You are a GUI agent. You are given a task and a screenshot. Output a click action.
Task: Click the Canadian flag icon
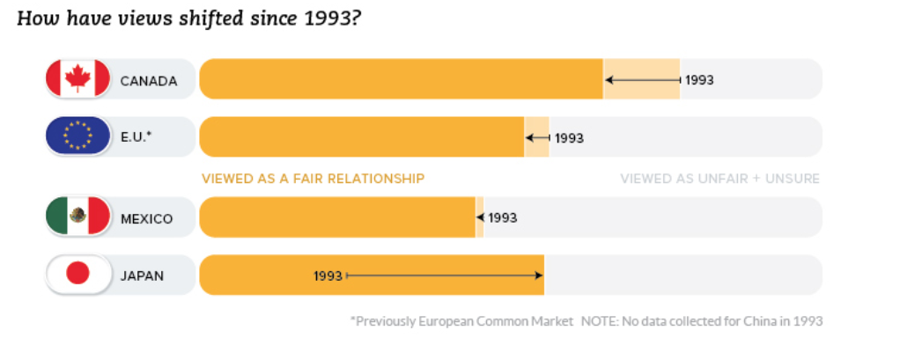click(77, 79)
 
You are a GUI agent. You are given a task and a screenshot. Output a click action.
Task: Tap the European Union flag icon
click(77, 136)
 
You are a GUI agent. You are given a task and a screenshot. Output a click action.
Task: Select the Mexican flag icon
click(77, 217)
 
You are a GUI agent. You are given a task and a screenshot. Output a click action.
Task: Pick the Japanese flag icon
click(77, 275)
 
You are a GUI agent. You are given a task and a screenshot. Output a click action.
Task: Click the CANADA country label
click(149, 81)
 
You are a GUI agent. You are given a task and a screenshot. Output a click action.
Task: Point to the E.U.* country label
click(136, 137)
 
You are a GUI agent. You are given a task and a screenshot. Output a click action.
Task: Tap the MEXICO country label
click(146, 218)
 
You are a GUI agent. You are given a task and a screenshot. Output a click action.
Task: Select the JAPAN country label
click(142, 276)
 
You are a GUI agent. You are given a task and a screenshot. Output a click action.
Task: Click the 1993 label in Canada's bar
click(699, 80)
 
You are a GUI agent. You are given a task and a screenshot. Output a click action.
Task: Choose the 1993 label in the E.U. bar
click(569, 138)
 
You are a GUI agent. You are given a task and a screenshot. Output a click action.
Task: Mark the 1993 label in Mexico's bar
click(502, 217)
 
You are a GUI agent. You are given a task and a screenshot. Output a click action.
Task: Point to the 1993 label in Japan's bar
click(328, 276)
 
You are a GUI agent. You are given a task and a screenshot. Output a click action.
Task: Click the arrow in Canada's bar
click(642, 80)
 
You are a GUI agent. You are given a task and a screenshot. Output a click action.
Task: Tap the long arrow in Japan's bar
click(445, 276)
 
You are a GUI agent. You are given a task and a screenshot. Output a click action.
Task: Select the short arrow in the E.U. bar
click(537, 137)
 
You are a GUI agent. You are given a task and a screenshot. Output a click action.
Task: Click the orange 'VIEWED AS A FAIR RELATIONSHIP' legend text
click(313, 179)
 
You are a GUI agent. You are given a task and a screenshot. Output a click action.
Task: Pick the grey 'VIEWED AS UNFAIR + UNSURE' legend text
click(719, 179)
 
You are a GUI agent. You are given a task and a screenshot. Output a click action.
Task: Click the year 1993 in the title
click(322, 18)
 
